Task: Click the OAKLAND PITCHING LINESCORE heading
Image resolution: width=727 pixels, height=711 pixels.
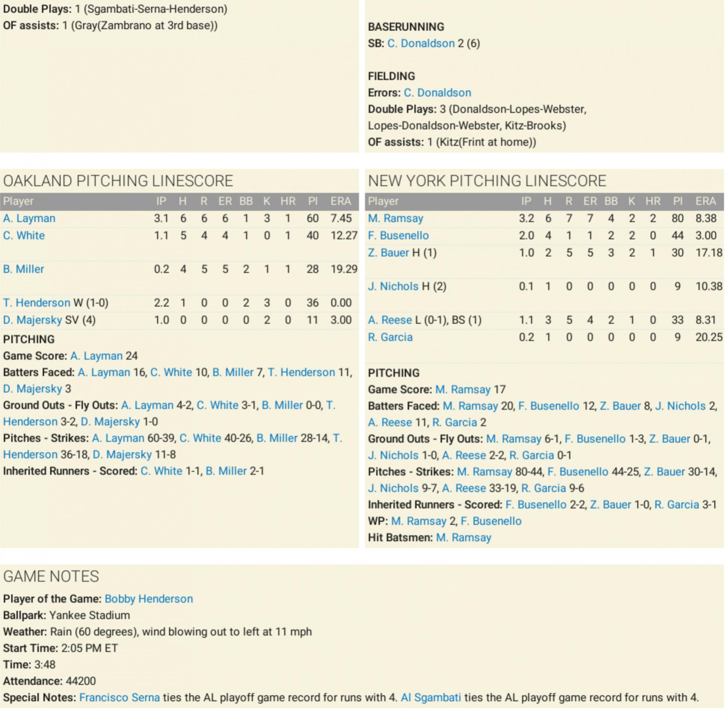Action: click(x=118, y=181)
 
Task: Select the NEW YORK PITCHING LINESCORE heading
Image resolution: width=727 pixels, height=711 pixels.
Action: click(x=487, y=181)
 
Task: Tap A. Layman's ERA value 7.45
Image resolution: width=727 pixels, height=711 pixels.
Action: click(x=340, y=218)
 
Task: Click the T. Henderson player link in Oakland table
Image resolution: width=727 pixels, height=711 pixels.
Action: click(x=36, y=303)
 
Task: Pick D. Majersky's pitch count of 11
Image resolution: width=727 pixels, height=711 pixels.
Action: click(x=312, y=320)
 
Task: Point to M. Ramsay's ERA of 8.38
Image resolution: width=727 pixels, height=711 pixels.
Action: click(x=705, y=218)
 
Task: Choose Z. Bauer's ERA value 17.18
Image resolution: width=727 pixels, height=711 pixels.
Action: click(x=708, y=253)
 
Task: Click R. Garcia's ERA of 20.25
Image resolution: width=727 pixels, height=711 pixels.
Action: click(x=708, y=337)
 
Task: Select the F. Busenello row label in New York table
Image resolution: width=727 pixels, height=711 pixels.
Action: click(x=398, y=236)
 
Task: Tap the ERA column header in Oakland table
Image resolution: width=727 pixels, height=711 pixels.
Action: click(x=340, y=201)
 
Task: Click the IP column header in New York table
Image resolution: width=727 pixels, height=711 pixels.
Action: click(x=526, y=201)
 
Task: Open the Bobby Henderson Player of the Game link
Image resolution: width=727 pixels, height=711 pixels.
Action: click(x=149, y=599)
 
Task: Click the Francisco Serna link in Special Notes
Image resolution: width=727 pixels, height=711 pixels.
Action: click(x=119, y=698)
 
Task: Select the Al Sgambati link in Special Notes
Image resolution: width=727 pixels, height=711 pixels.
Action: click(x=431, y=698)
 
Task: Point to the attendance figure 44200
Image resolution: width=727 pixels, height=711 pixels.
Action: click(x=81, y=681)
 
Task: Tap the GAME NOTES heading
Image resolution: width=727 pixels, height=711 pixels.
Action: click(x=51, y=576)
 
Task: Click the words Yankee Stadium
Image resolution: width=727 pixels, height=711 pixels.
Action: click(x=89, y=615)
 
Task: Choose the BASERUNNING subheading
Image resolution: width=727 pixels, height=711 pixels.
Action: click(x=406, y=27)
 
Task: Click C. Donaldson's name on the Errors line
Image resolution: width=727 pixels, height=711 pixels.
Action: click(x=437, y=93)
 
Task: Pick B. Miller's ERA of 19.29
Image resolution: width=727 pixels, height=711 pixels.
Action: click(x=343, y=269)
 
